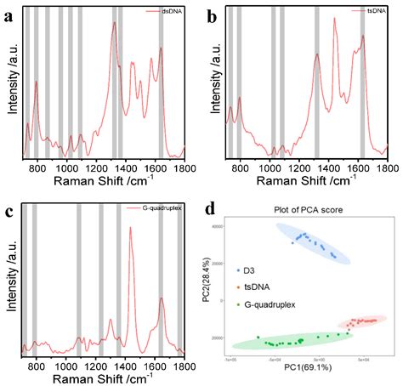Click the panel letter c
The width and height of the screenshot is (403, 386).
coord(8,213)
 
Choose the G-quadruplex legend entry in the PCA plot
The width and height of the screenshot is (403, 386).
coord(271,302)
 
